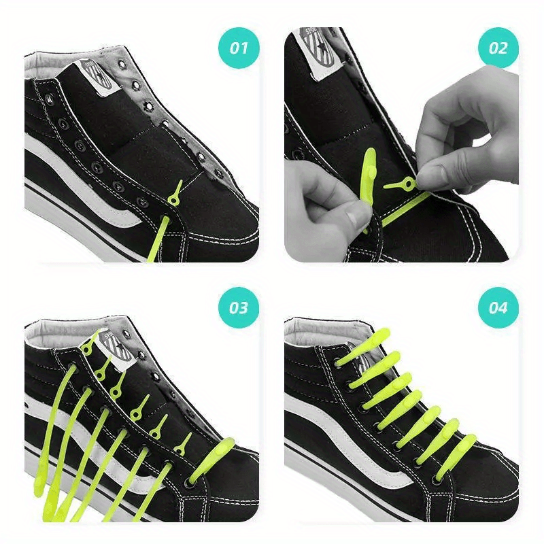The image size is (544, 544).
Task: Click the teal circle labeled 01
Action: pos(238,48)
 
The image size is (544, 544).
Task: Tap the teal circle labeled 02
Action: pos(498,48)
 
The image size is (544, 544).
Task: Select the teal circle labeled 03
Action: pos(238,307)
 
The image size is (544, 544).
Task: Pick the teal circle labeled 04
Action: pos(498,307)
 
